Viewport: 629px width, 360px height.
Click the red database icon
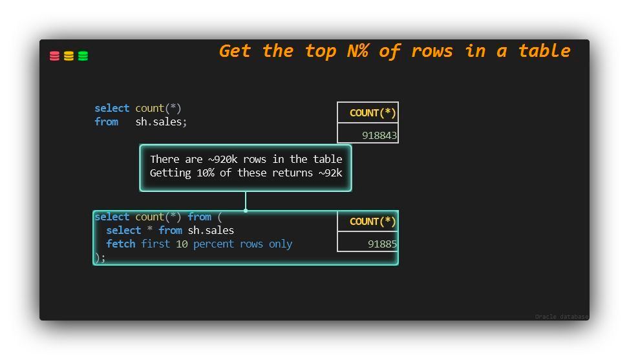54,56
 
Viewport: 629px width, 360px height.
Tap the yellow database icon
69,56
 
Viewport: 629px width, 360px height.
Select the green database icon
83,56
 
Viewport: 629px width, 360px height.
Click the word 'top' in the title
321,52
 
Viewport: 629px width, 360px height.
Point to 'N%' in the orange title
358,51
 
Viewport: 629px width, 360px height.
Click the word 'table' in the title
544,51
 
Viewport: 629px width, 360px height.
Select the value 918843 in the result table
379,136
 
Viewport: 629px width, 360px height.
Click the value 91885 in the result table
382,244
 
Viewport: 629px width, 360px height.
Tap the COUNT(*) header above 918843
372,113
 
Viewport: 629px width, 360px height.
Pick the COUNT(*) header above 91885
372,222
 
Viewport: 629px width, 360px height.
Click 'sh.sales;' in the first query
161,122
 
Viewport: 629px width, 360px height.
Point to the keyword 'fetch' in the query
121,244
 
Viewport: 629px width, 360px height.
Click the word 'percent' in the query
213,244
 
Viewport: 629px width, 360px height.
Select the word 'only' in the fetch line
281,244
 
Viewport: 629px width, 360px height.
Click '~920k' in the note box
222,159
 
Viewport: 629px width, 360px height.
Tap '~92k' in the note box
330,173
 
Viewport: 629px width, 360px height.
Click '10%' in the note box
205,173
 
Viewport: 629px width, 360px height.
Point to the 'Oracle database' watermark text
561,317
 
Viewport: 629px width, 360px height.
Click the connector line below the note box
246,201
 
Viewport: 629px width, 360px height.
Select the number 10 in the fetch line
182,244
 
